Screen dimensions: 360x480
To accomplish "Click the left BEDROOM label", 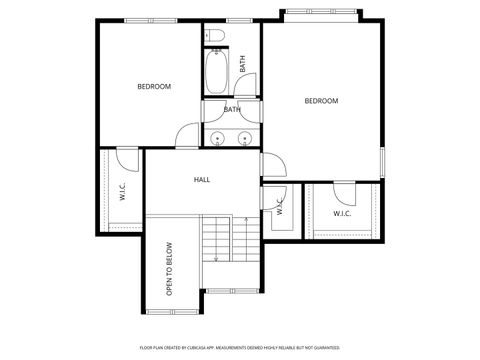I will (154, 87).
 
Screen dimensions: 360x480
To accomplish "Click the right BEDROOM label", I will (321, 101).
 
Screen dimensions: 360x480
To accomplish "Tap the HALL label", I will (201, 180).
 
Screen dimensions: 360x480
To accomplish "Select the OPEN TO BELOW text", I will (170, 268).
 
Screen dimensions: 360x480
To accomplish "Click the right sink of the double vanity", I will (244, 137).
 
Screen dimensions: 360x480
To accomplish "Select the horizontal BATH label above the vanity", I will (232, 110).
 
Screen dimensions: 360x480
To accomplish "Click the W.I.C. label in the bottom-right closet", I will (342, 213).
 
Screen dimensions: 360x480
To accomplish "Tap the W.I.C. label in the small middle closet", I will (280, 207).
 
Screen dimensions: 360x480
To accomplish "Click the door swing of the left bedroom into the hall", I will (189, 136).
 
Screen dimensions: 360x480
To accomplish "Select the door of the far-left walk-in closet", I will (127, 158).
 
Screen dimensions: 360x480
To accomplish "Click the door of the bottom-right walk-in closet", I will (343, 190).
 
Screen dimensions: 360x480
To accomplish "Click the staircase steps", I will (217, 240).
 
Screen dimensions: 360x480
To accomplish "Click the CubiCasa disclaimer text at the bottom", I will (239, 347).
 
